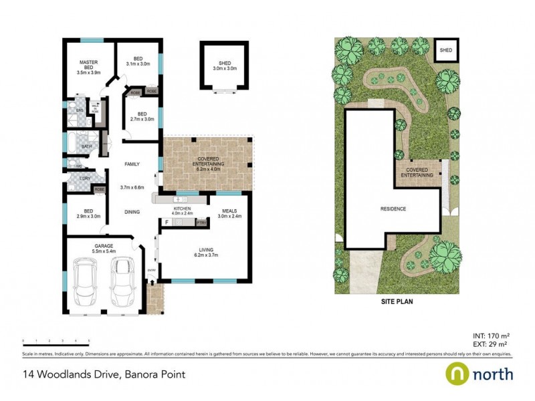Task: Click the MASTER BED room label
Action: pos(88,68)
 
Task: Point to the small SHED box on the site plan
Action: pos(445,50)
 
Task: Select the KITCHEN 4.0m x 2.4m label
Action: pos(183,213)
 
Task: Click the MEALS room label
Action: pos(231,213)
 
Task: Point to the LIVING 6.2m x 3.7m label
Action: pos(205,253)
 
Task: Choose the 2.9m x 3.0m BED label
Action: pos(88,214)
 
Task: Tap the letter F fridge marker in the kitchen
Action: pos(166,221)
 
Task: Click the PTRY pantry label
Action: pos(200,222)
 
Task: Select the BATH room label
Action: pos(86,146)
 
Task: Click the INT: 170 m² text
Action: pos(490,336)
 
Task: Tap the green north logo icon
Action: pos(457,373)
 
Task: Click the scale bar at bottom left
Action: pos(56,342)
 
